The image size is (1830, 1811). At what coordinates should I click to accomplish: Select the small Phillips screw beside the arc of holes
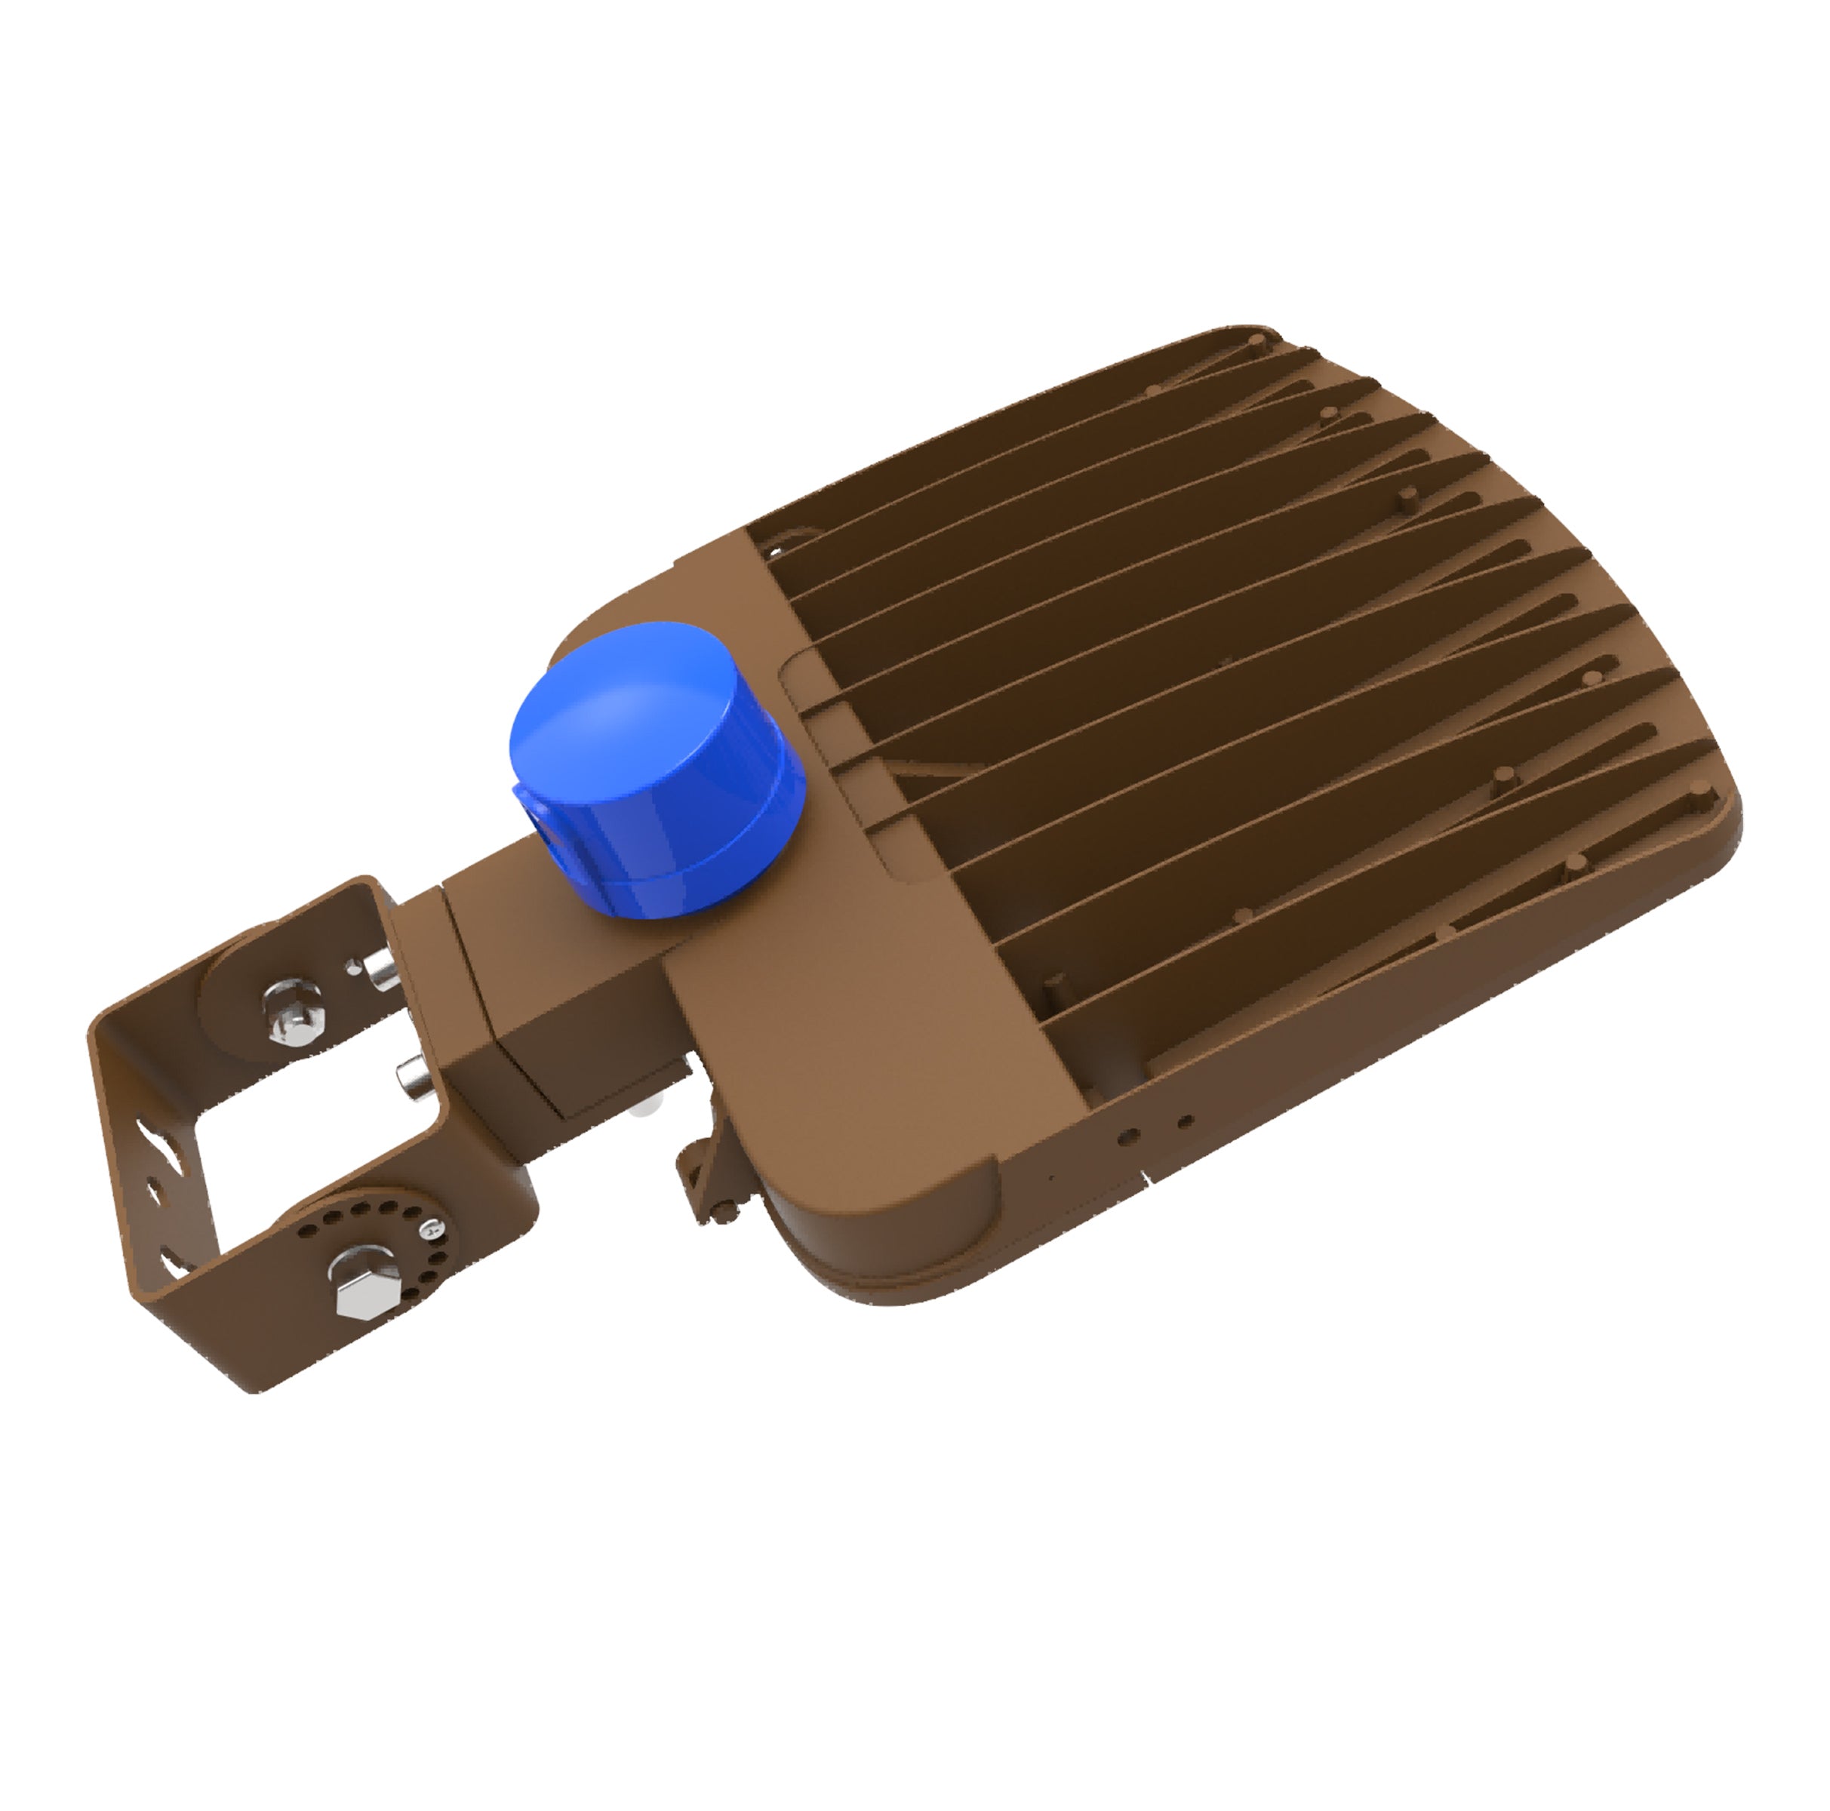click(432, 1229)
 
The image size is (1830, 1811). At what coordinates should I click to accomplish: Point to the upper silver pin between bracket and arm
click(383, 972)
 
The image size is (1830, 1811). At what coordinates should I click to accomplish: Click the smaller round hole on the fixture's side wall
click(1184, 1121)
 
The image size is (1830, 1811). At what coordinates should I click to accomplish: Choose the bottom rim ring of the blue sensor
click(663, 886)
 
